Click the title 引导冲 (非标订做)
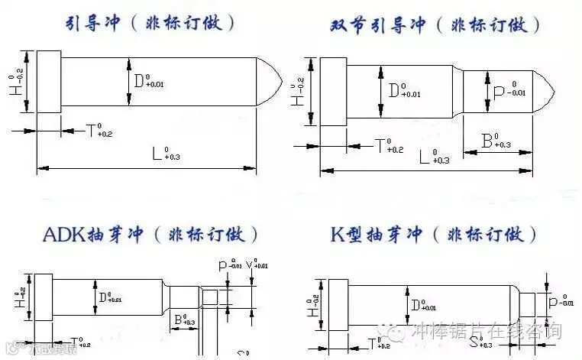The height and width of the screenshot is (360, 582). pyautogui.click(x=150, y=23)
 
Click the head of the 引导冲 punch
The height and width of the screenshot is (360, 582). pyautogui.click(x=49, y=81)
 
